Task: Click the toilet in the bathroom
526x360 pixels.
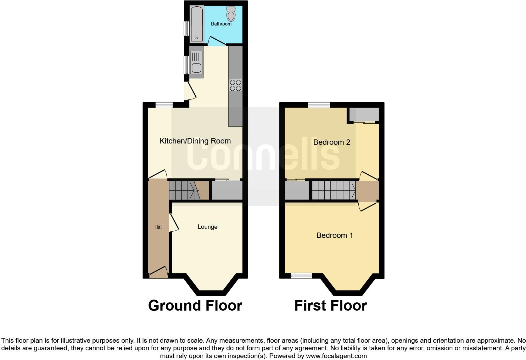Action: click(231, 14)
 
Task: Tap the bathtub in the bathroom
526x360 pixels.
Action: click(197, 24)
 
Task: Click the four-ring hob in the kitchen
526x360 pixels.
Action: click(236, 85)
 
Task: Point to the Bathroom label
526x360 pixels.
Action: click(221, 24)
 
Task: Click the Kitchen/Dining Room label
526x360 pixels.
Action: click(195, 141)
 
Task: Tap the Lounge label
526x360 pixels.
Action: click(207, 227)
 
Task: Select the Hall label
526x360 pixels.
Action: click(158, 227)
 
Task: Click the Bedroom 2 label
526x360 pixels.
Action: click(332, 142)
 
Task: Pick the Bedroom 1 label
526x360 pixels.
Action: click(334, 235)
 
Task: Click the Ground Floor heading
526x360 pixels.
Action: click(195, 306)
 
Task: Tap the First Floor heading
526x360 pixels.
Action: click(330, 306)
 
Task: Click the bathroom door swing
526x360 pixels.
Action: click(217, 41)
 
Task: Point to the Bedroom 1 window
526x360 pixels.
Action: click(301, 276)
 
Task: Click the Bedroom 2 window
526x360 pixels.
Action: click(319, 105)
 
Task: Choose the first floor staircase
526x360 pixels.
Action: click(334, 190)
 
